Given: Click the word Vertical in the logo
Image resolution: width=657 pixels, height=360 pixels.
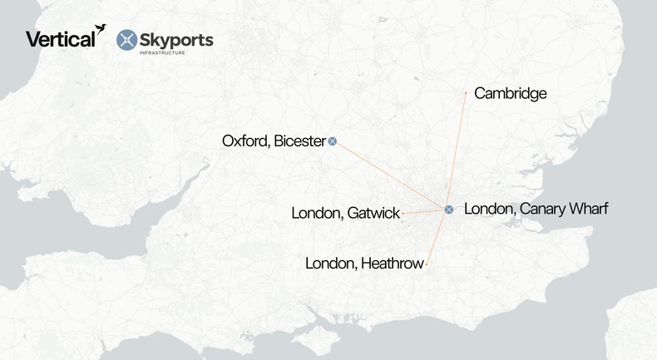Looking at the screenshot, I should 59,39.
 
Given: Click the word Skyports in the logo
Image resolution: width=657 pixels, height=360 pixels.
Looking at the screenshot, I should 177,38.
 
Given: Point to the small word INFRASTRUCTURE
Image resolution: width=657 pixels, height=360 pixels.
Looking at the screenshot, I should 162,52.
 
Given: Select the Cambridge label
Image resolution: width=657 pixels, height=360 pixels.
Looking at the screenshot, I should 510,93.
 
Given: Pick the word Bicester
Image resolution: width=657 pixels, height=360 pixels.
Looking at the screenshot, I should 298,141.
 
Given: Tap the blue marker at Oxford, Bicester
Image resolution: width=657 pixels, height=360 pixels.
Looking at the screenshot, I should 333,141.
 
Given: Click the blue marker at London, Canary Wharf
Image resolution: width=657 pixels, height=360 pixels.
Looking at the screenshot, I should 449,209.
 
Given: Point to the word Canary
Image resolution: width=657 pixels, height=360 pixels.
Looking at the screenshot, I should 541,209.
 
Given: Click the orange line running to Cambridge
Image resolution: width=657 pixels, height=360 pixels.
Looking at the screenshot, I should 457,150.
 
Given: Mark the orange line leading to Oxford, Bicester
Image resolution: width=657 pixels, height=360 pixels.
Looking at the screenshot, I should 391,175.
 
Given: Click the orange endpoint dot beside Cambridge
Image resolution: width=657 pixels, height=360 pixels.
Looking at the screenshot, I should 466,93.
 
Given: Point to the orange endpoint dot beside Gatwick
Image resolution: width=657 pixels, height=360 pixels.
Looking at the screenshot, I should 403,214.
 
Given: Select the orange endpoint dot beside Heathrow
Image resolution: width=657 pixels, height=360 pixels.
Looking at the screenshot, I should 427,264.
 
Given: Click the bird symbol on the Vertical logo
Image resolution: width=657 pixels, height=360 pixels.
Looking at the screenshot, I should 101,29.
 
